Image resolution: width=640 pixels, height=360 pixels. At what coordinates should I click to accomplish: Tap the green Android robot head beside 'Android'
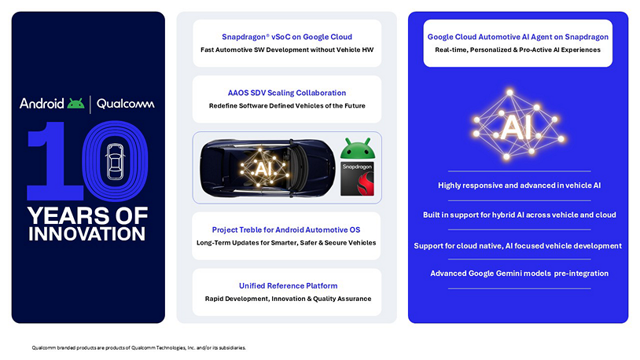point(75,103)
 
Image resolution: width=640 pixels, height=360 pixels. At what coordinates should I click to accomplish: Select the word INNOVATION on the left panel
point(87,234)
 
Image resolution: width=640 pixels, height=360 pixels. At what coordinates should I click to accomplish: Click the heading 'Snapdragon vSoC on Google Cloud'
point(286,36)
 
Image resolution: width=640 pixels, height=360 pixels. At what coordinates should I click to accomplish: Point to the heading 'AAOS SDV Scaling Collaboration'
point(286,93)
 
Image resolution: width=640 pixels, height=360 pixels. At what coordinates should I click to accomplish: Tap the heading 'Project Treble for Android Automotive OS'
point(286,230)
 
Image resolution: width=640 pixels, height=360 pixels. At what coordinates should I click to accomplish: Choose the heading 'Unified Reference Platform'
point(286,285)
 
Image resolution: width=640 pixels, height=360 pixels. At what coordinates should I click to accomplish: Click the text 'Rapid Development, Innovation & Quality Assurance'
point(286,299)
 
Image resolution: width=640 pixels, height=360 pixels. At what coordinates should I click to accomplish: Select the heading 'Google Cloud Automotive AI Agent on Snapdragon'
point(517,37)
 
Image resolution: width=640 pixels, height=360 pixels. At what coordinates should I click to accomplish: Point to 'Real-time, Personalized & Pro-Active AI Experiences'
point(517,50)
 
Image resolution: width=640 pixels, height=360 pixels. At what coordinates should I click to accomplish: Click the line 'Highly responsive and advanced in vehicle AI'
point(517,186)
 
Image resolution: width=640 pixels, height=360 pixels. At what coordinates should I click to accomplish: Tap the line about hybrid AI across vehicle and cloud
point(517,215)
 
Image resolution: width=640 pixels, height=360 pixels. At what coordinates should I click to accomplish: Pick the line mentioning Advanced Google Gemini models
point(517,274)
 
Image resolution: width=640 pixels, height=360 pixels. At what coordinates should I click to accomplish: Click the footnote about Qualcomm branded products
point(138,347)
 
